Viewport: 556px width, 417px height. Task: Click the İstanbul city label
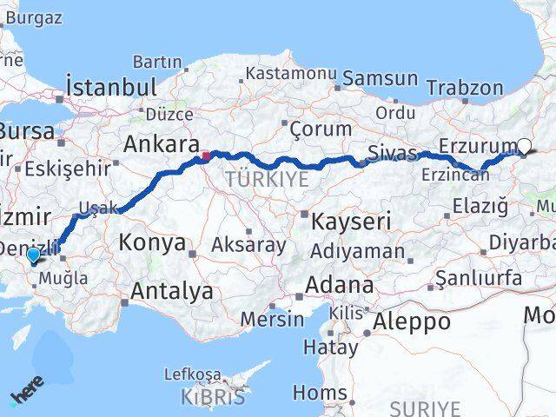click(x=111, y=87)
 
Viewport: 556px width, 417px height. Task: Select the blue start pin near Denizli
click(x=33, y=255)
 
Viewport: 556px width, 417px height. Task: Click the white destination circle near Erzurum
click(x=525, y=147)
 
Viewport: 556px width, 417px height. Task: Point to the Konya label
click(x=152, y=242)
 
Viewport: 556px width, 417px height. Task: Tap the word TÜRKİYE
click(x=267, y=180)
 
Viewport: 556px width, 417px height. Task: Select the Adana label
click(x=340, y=285)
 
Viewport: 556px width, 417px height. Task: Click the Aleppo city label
click(x=412, y=322)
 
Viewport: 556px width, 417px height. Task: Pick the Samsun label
click(x=380, y=78)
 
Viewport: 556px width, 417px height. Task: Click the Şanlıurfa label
click(x=480, y=278)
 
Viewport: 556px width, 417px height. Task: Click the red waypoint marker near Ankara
click(x=206, y=156)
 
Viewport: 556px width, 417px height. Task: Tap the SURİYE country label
click(x=424, y=407)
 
